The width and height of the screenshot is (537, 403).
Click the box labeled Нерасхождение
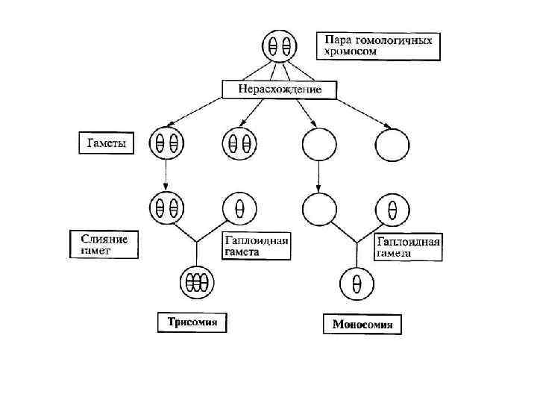pyautogui.click(x=280, y=90)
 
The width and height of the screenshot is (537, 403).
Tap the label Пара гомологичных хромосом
pyautogui.click(x=378, y=46)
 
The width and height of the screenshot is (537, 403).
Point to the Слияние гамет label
pyautogui.click(x=104, y=245)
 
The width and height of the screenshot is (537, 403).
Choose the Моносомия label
pyautogui.click(x=362, y=325)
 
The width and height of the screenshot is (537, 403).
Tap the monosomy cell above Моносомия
pyautogui.click(x=357, y=283)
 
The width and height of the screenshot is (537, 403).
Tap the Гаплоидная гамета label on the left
pyautogui.click(x=256, y=246)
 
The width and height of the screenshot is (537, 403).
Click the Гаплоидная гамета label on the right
pyautogui.click(x=409, y=247)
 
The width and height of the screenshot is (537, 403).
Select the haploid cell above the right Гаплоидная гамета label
pyautogui.click(x=392, y=208)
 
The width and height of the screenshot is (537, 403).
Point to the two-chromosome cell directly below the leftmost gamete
pyautogui.click(x=166, y=207)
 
